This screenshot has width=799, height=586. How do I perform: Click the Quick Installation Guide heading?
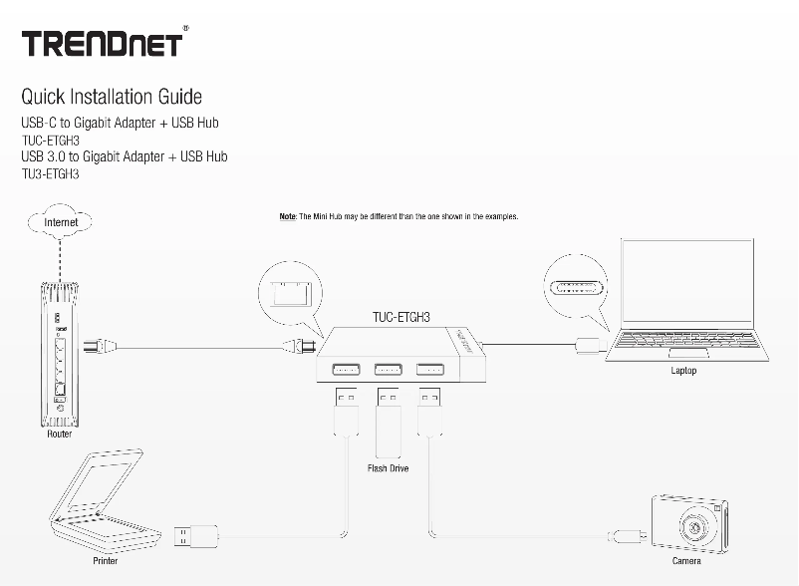[x=112, y=97]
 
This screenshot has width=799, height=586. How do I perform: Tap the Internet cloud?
[x=61, y=223]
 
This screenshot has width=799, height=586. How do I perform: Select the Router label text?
[x=60, y=434]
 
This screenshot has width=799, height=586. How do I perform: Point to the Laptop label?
[x=683, y=371]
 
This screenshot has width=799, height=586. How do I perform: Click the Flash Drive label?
[x=388, y=468]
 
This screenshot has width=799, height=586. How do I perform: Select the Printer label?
[x=106, y=561]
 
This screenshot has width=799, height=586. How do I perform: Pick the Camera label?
[x=685, y=561]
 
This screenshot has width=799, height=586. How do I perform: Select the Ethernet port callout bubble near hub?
[x=286, y=293]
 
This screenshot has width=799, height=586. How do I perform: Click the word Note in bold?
[x=287, y=216]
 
